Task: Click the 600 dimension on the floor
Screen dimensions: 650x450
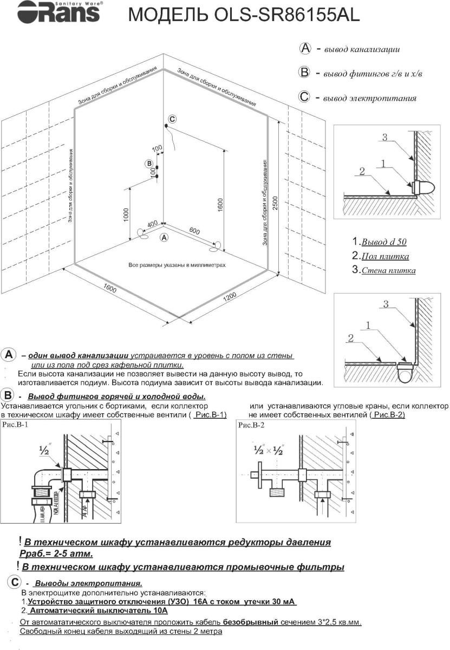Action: pos(194,230)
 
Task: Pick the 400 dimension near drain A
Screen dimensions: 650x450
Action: pos(152,224)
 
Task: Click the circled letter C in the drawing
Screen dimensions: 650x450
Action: pos(172,119)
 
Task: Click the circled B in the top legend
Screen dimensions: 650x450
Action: pos(304,73)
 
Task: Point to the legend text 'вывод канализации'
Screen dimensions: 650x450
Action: pos(362,50)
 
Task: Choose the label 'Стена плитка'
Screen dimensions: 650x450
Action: pos(388,270)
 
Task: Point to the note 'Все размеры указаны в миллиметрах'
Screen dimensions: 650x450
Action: pos(177,265)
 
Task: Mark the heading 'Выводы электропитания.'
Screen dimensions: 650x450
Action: pos(88,583)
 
